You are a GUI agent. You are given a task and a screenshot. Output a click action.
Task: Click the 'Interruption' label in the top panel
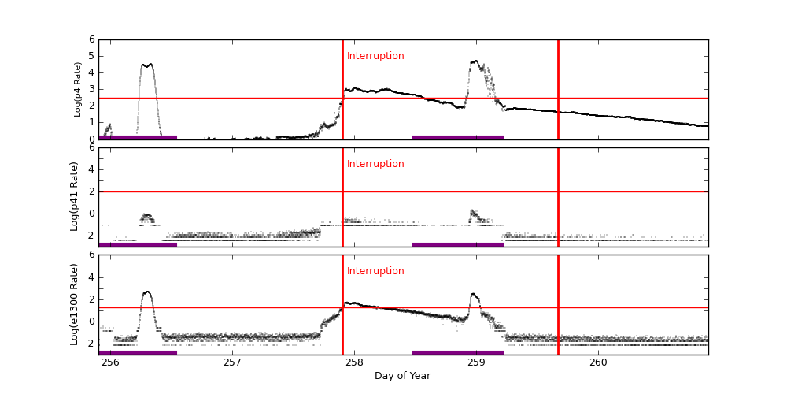[375, 56]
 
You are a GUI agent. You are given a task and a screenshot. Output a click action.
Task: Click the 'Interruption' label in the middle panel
[375, 164]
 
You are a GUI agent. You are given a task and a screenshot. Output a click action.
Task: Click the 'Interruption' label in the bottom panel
[375, 271]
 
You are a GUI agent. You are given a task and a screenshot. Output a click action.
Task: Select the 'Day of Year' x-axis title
[402, 376]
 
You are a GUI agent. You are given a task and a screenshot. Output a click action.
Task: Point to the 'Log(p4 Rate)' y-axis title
[78, 89]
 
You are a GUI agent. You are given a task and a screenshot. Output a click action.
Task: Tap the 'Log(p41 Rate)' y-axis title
[75, 196]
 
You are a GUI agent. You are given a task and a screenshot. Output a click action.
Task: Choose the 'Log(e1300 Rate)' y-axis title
[75, 304]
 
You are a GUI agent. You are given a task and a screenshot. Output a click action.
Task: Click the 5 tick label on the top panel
[91, 56]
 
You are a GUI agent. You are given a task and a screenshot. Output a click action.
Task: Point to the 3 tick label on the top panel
[91, 89]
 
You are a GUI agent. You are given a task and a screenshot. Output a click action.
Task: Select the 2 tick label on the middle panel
[91, 191]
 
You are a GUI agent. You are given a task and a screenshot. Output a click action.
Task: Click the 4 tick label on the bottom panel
[91, 277]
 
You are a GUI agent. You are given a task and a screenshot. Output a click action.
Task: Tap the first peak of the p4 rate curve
[146, 65]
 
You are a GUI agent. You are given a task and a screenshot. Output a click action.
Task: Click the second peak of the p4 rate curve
[475, 61]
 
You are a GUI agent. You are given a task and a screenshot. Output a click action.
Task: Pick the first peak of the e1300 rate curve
[147, 292]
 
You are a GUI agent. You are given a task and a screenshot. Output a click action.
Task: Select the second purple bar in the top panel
[457, 137]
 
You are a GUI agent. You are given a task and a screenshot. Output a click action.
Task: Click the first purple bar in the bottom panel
[138, 352]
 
